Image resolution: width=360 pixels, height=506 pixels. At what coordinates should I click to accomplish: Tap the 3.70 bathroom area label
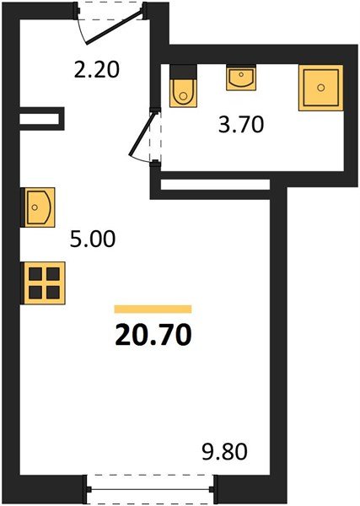[242, 126]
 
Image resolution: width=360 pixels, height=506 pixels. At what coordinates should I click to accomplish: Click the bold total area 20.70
[153, 336]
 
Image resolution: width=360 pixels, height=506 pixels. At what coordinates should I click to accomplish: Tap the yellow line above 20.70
[153, 309]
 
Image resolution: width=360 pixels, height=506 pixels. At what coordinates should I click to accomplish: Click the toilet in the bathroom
[182, 90]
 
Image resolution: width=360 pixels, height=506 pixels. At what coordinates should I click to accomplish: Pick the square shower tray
[320, 86]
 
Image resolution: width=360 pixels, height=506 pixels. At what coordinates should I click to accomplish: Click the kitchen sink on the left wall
[39, 207]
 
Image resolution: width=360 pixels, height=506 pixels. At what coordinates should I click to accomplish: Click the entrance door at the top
[111, 28]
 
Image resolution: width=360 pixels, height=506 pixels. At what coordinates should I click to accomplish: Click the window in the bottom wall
[152, 487]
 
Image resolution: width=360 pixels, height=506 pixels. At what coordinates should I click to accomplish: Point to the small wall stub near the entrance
[42, 117]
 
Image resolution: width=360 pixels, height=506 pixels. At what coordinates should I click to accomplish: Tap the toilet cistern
[182, 71]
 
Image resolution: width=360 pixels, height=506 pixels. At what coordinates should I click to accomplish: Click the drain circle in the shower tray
[320, 86]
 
